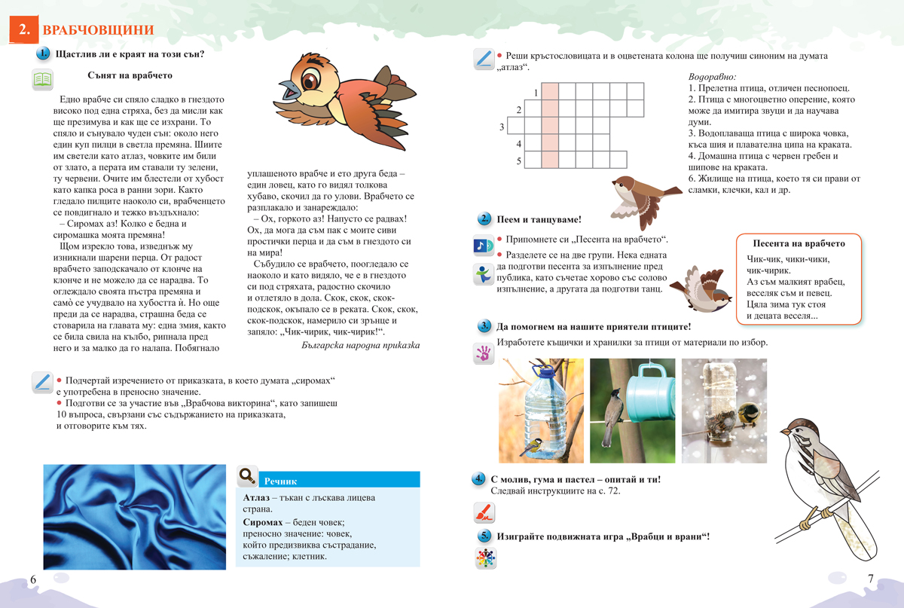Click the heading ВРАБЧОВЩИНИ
click(98, 30)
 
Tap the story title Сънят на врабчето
click(130, 75)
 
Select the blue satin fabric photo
click(134, 517)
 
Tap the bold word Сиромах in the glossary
click(267, 521)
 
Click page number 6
click(32, 579)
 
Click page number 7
click(870, 579)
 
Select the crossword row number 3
click(502, 127)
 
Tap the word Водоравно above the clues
click(712, 77)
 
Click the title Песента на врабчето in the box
click(799, 243)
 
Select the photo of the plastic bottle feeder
click(540, 410)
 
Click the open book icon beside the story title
click(42, 79)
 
